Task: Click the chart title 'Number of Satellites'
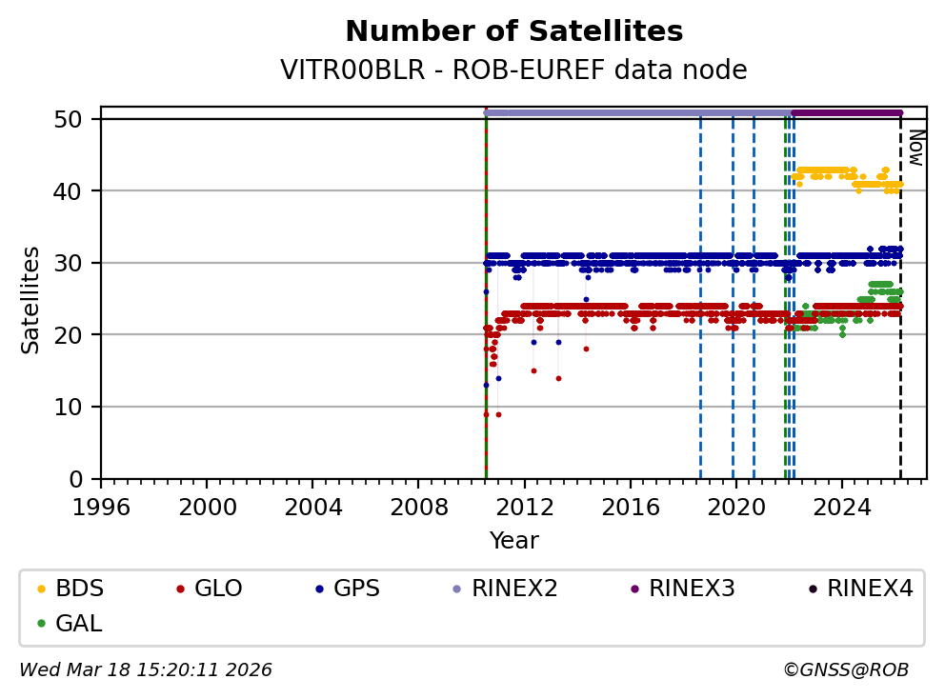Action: tap(513, 32)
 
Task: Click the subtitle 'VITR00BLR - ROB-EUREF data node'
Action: tap(513, 70)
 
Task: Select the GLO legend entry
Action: tap(218, 589)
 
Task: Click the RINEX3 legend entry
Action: tap(691, 589)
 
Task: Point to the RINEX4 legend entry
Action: tap(869, 589)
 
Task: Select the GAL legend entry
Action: tap(78, 624)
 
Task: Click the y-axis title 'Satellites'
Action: tap(31, 299)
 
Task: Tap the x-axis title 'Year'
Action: tap(513, 542)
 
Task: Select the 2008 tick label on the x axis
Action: tap(419, 505)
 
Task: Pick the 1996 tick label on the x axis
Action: tap(102, 505)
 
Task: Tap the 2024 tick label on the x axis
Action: tap(842, 505)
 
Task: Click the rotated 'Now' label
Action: tap(915, 148)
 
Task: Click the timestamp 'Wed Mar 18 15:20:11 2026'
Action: tap(146, 670)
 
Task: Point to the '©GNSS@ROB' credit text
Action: tap(845, 670)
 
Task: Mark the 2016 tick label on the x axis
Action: tap(631, 505)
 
